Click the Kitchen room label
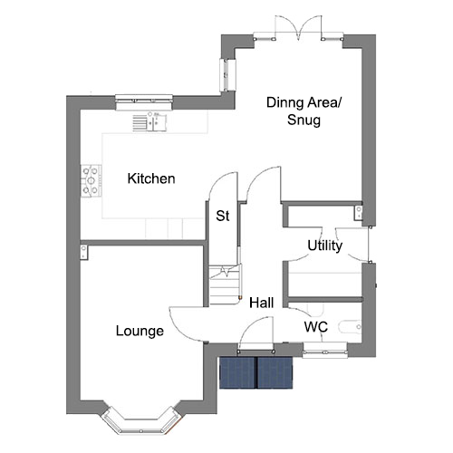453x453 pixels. (151, 178)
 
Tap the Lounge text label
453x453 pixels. (140, 332)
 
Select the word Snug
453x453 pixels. (304, 120)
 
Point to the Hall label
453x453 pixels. (262, 303)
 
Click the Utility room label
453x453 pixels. (325, 246)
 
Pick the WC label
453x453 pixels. (316, 327)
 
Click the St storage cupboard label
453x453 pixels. (223, 216)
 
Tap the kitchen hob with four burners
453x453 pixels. (91, 181)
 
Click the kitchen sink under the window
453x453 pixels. (149, 121)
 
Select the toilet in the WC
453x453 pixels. (351, 327)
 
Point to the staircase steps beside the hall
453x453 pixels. (225, 285)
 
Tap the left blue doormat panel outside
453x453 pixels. (238, 372)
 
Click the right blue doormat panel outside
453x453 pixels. (275, 372)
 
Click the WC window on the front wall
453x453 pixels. (324, 351)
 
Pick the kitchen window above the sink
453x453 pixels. (144, 102)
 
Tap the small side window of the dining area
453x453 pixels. (227, 74)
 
